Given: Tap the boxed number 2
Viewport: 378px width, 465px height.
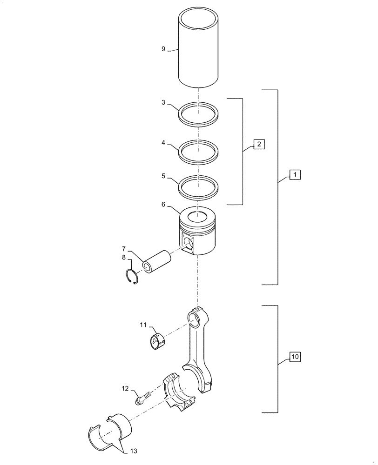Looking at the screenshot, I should pos(259,144).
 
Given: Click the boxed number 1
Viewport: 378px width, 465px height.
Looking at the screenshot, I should pos(295,175).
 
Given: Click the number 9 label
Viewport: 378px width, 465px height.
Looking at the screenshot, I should pos(163,49).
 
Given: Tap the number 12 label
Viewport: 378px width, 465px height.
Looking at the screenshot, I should pos(125,388).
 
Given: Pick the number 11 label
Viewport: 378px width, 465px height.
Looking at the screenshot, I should pos(144,324).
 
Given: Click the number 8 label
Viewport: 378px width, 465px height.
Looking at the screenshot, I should pos(123,257).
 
